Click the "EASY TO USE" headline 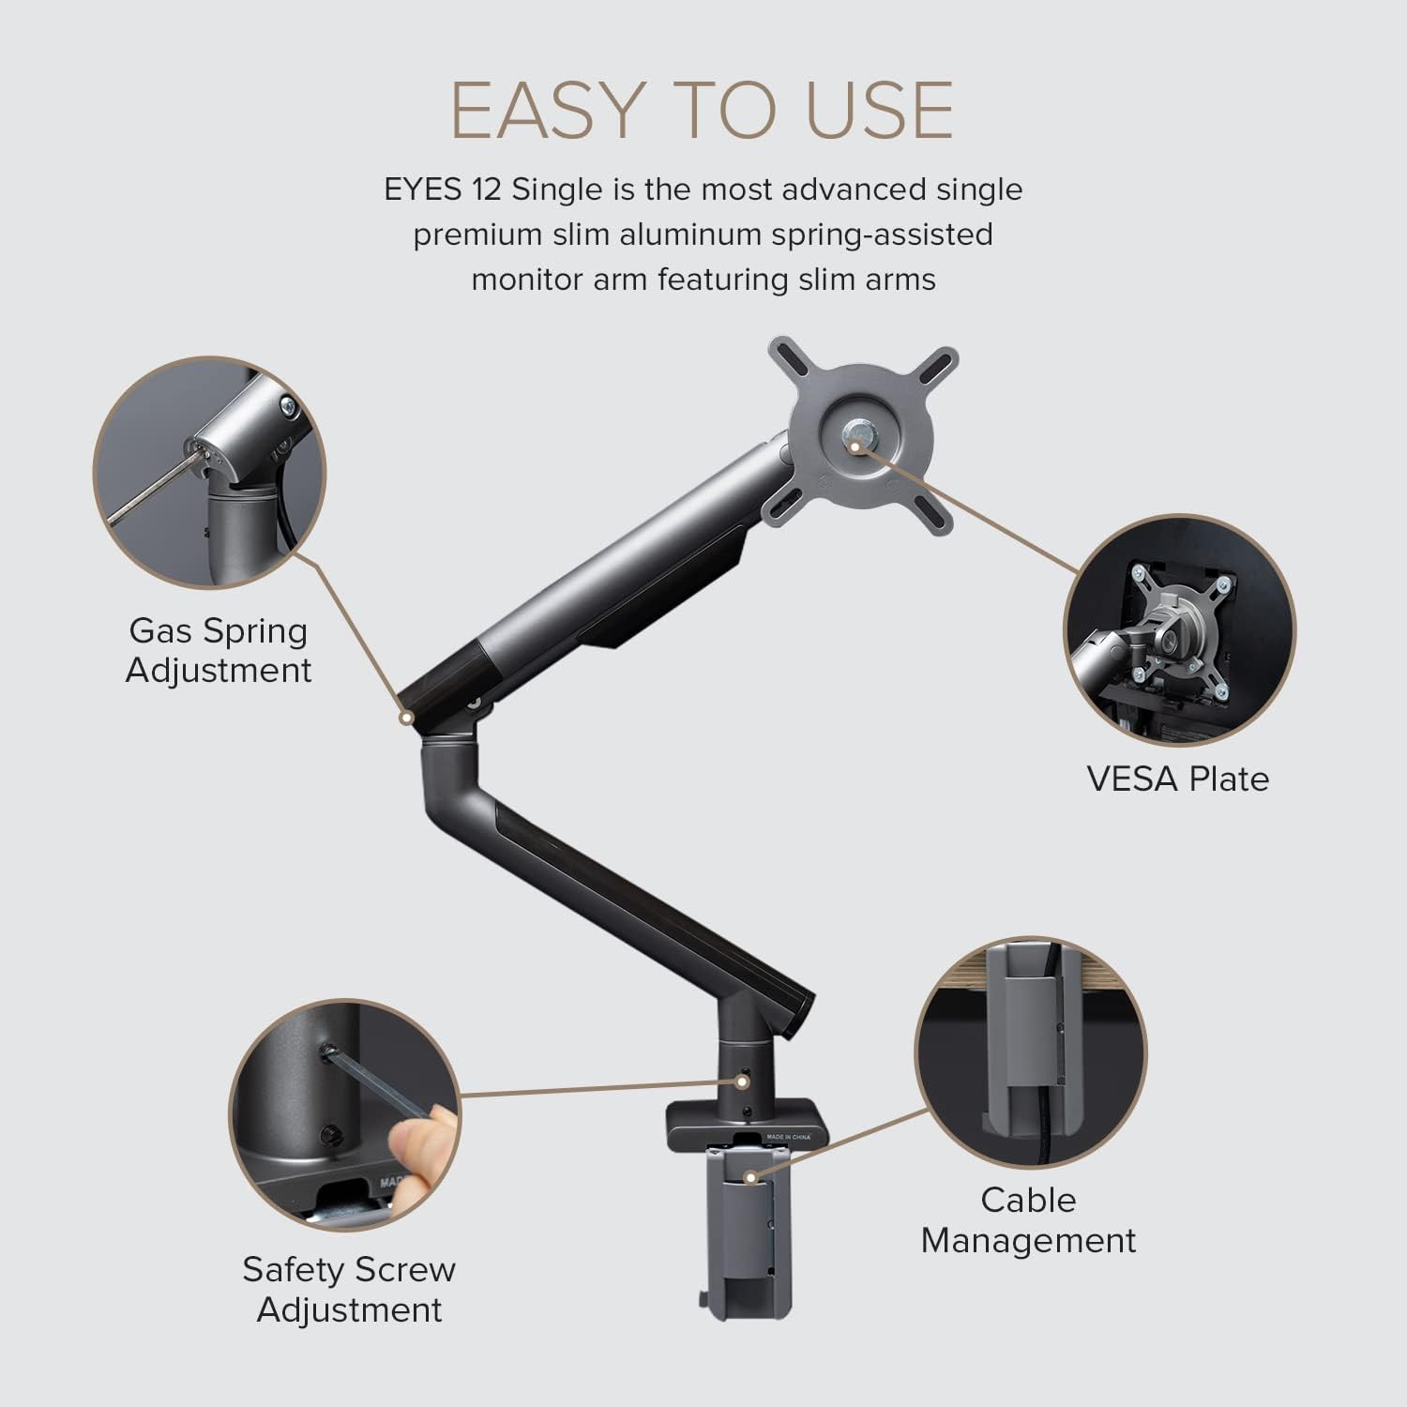[x=702, y=110]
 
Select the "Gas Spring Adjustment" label [x=219, y=650]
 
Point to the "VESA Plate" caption [x=1177, y=779]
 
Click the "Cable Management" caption [x=1028, y=1219]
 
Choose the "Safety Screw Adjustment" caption [x=349, y=1289]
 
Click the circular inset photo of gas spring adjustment [x=209, y=472]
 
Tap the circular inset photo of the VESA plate [x=1179, y=630]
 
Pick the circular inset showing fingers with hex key [x=345, y=1114]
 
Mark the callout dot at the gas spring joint [x=406, y=718]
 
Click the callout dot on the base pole [x=742, y=1081]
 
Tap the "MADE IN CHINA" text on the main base [x=788, y=1137]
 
